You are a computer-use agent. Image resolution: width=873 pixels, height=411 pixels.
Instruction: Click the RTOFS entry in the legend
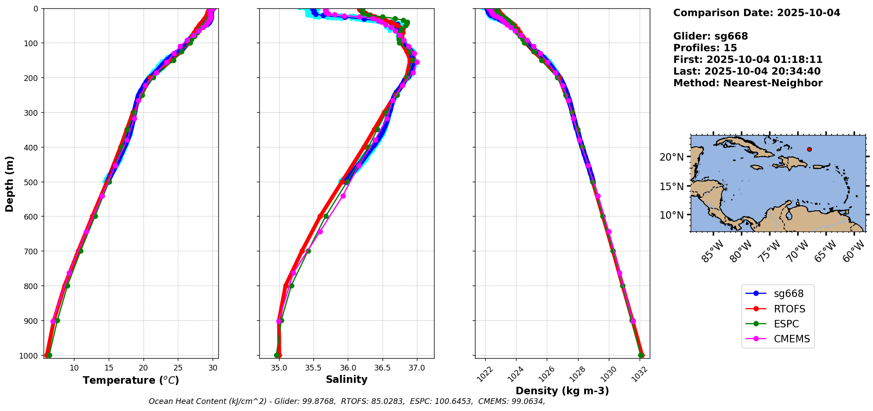pyautogui.click(x=789, y=309)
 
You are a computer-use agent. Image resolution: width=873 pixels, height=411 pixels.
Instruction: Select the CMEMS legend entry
pyautogui.click(x=791, y=339)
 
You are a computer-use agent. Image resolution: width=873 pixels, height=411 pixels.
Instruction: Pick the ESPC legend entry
pyautogui.click(x=786, y=324)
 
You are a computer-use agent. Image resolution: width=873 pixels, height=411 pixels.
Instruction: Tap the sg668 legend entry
pyautogui.click(x=788, y=294)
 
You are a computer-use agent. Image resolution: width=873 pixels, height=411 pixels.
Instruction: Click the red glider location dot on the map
pyautogui.click(x=809, y=150)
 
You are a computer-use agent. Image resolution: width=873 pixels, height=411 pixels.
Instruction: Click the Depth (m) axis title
pyautogui.click(x=10, y=183)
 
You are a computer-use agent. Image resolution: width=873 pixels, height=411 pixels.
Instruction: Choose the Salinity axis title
pyautogui.click(x=346, y=380)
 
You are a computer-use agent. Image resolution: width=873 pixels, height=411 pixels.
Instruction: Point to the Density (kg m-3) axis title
pyautogui.click(x=562, y=391)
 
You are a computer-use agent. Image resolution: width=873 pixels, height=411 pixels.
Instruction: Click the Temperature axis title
pyautogui.click(x=131, y=380)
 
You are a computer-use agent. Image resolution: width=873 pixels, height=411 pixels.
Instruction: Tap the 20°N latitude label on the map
pyautogui.click(x=672, y=157)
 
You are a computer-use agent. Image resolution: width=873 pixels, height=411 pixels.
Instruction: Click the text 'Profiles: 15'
pyautogui.click(x=705, y=48)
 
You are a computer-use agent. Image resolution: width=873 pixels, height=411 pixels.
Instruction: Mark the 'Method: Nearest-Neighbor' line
pyautogui.click(x=748, y=83)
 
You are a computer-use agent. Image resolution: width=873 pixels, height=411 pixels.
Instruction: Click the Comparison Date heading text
pyautogui.click(x=756, y=13)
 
